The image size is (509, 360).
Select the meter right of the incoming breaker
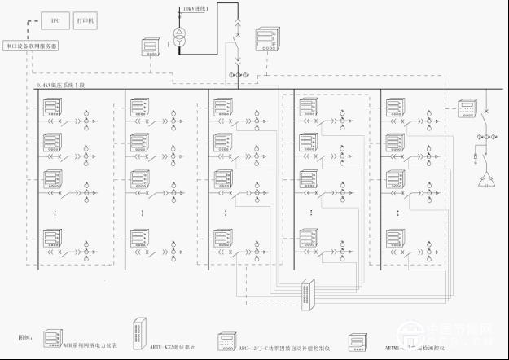pyautogui.click(x=265, y=38)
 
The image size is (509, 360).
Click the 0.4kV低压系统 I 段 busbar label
pyautogui.click(x=62, y=85)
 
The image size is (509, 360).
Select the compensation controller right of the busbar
pyautogui.click(x=467, y=108)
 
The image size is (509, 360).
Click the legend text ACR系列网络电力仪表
pyautogui.click(x=90, y=345)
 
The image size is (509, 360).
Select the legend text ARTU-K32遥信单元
pyautogui.click(x=172, y=345)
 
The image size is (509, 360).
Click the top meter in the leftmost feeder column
pyautogui.click(x=53, y=106)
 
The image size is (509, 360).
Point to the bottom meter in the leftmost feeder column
pyautogui.click(x=53, y=239)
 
